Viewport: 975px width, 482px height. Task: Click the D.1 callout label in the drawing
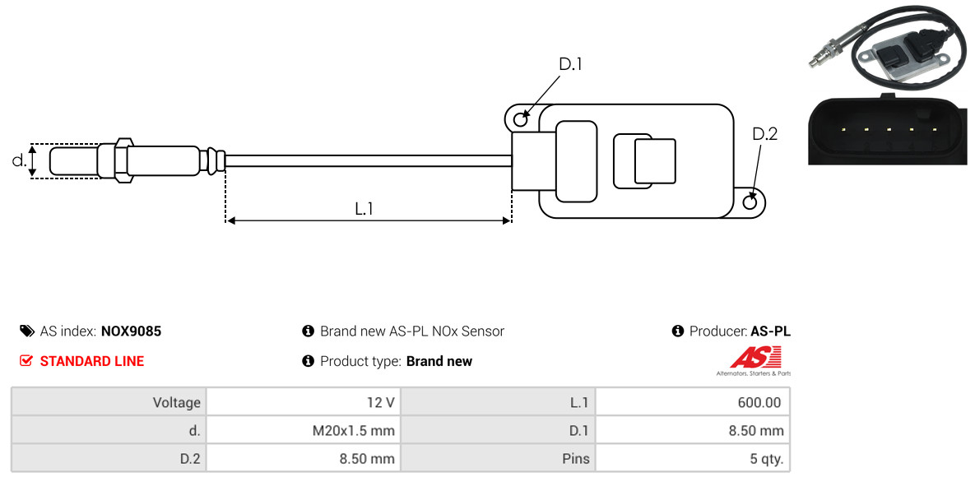click(x=570, y=64)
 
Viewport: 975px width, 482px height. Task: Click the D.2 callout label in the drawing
click(x=765, y=134)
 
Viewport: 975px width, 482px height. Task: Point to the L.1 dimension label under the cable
click(x=364, y=209)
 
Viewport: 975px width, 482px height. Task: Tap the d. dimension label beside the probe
click(x=19, y=160)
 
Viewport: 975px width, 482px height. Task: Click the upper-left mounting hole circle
click(x=521, y=116)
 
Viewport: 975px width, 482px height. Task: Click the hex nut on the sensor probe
click(x=123, y=160)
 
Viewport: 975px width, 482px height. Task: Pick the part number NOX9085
click(x=131, y=331)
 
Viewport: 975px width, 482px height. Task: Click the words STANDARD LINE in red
click(x=92, y=361)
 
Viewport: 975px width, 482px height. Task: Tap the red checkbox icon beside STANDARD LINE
click(x=26, y=361)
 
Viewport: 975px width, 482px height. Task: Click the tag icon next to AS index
click(x=26, y=331)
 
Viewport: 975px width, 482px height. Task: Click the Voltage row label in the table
click(x=177, y=403)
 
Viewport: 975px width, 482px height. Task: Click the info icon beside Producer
click(x=678, y=331)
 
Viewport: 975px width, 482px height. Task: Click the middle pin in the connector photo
click(x=889, y=129)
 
